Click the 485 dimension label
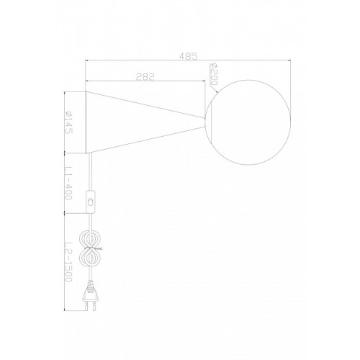tap(188, 56)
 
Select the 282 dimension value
tap(145, 76)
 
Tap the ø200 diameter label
tap(213, 74)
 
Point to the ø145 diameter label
tap(68, 122)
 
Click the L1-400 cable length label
tap(68, 183)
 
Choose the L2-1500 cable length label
tap(68, 261)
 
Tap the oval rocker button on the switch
tap(91, 202)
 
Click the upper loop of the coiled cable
tap(91, 239)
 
